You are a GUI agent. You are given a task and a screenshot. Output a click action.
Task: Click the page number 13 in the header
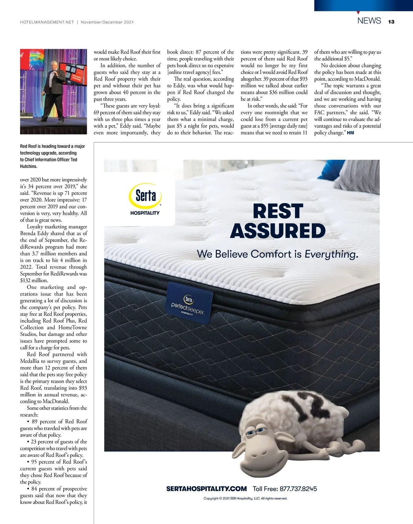391,22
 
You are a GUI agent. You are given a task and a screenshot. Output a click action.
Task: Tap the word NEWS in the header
369,21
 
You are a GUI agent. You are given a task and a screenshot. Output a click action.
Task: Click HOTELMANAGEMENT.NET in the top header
47,22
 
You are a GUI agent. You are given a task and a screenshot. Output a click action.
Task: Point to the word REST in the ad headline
278,211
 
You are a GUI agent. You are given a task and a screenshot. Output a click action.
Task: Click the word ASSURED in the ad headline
278,231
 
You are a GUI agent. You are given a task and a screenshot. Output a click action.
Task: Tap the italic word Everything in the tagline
331,254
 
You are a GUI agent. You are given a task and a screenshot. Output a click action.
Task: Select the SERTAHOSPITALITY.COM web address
206,489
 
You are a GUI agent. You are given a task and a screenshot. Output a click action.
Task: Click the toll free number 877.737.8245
298,489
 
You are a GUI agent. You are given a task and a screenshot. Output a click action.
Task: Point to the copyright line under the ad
245,498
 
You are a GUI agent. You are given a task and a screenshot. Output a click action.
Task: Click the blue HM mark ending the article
350,133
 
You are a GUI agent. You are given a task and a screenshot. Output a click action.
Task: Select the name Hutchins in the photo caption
29,166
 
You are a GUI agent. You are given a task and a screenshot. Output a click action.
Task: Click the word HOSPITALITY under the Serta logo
145,213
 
